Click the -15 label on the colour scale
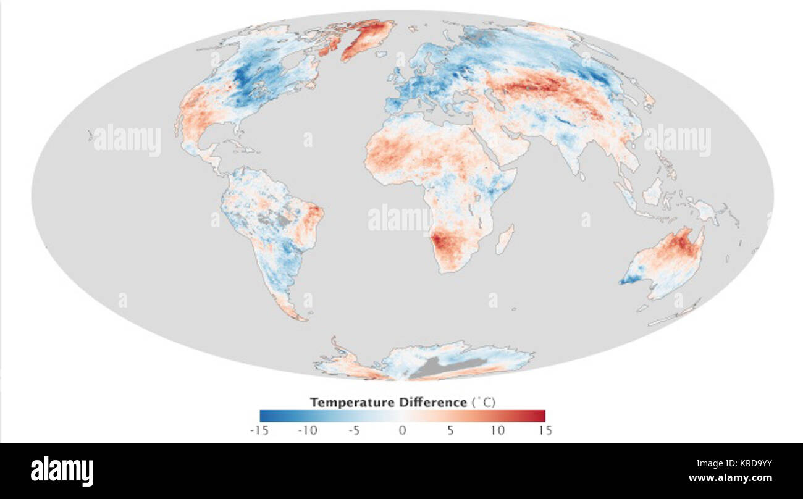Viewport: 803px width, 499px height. (x=259, y=430)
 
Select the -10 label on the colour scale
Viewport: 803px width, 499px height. (x=308, y=430)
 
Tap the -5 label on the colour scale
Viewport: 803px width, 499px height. (x=354, y=430)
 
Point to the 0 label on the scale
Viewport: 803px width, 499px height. (x=402, y=430)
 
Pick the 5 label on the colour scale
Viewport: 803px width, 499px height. (x=450, y=430)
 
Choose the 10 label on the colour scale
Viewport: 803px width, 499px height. (x=498, y=430)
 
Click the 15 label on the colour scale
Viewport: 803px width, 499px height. (x=545, y=430)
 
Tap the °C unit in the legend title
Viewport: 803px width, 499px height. (x=485, y=403)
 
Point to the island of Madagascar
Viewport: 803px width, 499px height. (x=505, y=239)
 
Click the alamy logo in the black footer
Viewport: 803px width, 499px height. (x=62, y=471)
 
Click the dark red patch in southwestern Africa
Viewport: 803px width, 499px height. (x=443, y=243)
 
